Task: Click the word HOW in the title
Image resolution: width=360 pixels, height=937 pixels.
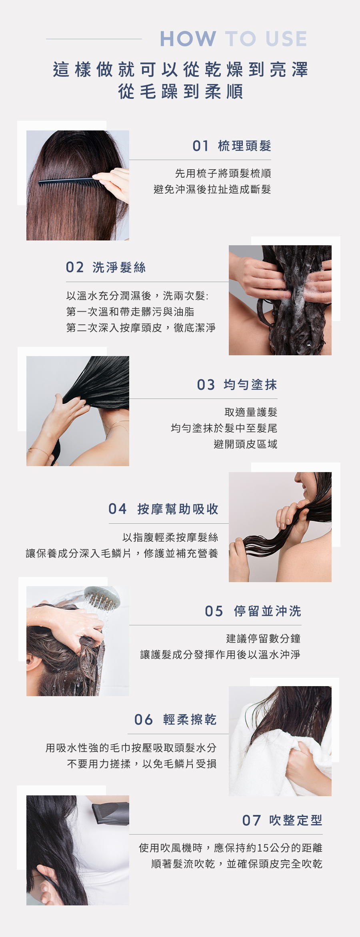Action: (x=188, y=39)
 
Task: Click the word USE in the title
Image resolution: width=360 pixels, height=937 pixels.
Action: (x=286, y=39)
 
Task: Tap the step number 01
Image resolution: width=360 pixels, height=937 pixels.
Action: (x=200, y=146)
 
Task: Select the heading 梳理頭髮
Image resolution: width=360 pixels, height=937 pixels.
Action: (x=244, y=146)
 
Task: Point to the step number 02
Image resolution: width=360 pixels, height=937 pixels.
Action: (x=75, y=267)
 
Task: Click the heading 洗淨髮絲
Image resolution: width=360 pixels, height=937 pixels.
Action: (x=119, y=267)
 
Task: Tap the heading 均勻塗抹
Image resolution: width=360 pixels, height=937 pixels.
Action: (x=250, y=385)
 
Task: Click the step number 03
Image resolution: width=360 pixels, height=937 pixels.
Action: (x=206, y=385)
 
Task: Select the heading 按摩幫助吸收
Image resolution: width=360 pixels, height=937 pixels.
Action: (x=178, y=509)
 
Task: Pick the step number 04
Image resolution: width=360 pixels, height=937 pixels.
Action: (x=118, y=509)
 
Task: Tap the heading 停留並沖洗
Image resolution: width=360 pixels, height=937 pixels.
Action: (x=268, y=611)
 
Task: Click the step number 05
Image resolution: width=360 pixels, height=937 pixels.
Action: (x=214, y=611)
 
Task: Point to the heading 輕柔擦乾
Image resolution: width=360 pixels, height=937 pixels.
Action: (x=190, y=719)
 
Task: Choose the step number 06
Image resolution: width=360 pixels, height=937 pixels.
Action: (x=144, y=719)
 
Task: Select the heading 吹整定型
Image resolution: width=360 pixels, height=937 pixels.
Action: (x=296, y=820)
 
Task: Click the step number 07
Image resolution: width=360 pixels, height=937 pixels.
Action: (x=252, y=820)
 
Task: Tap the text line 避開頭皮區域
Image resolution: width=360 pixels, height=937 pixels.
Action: (x=245, y=444)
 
